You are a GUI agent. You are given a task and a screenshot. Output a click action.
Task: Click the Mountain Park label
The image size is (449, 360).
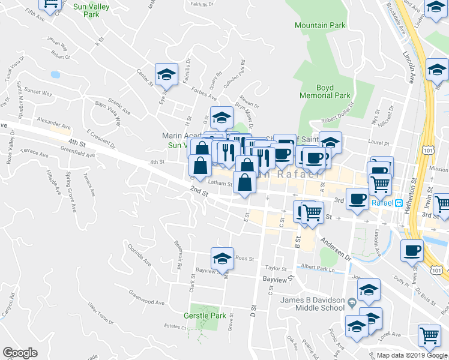(x=320, y=25)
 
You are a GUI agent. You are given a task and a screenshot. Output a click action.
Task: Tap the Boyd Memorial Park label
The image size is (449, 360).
(x=325, y=92)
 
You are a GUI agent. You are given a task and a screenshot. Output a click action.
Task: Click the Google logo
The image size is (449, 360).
(x=20, y=353)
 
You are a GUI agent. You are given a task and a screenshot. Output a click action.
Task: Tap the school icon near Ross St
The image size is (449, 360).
(x=222, y=259)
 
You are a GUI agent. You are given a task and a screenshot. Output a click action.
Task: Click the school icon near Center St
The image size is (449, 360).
(x=166, y=74)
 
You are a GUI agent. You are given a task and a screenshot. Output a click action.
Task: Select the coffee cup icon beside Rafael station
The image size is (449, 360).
(x=357, y=198)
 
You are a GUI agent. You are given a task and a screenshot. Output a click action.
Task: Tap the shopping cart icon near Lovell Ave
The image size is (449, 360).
(x=429, y=336)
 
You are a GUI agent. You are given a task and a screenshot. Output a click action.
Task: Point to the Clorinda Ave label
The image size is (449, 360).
(x=139, y=254)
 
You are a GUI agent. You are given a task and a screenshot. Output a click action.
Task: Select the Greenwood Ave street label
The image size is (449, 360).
(x=146, y=298)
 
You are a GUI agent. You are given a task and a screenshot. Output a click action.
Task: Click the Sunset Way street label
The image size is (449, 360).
(x=38, y=93)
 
